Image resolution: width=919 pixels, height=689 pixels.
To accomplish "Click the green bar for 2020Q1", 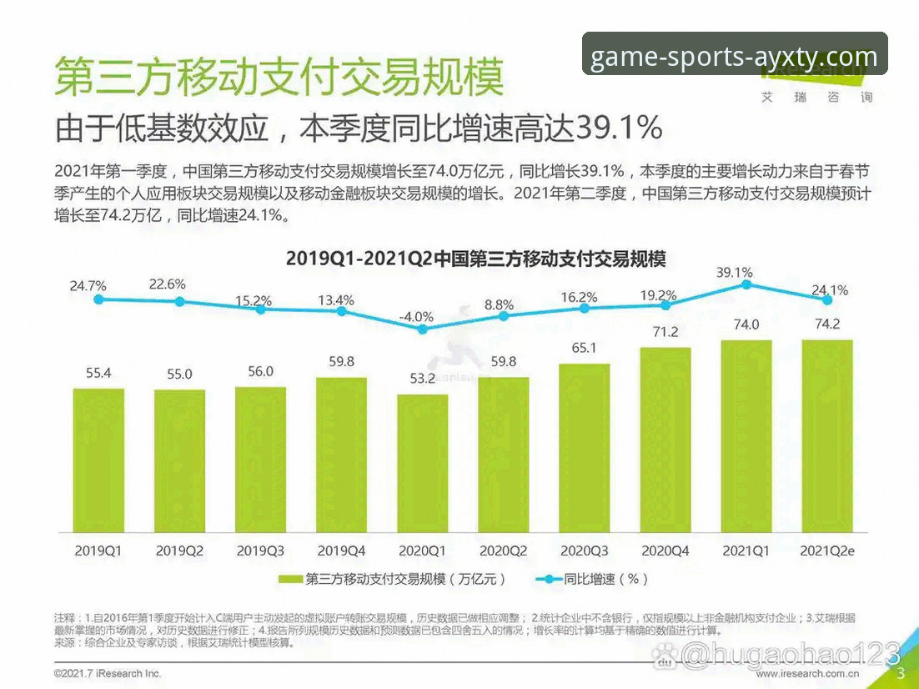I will click(x=422, y=463).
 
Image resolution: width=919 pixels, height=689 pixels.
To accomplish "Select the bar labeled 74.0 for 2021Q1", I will click(x=746, y=436).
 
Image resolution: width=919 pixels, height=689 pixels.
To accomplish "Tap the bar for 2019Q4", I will click(x=341, y=455).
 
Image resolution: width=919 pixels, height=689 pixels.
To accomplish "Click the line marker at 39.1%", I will click(x=746, y=284).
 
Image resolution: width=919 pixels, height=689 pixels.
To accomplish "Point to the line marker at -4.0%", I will click(x=422, y=329).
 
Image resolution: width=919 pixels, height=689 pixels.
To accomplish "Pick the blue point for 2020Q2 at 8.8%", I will click(x=503, y=316).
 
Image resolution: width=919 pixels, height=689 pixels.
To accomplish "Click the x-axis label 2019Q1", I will click(x=98, y=551).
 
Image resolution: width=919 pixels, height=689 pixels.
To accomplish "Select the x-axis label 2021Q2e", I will click(x=827, y=551).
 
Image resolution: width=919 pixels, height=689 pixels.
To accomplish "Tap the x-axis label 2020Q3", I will click(x=584, y=551).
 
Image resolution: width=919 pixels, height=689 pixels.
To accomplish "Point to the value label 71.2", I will click(x=665, y=333).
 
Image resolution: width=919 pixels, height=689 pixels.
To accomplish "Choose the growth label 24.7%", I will click(x=88, y=286).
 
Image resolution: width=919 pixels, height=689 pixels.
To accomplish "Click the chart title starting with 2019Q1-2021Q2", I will click(x=475, y=258).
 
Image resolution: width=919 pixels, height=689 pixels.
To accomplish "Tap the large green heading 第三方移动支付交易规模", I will click(x=279, y=77).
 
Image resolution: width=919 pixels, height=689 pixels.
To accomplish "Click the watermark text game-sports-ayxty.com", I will click(x=734, y=57).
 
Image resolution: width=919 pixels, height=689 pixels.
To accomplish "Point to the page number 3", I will click(x=900, y=673).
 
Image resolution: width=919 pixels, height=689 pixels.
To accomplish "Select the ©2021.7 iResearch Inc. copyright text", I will click(x=108, y=673).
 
